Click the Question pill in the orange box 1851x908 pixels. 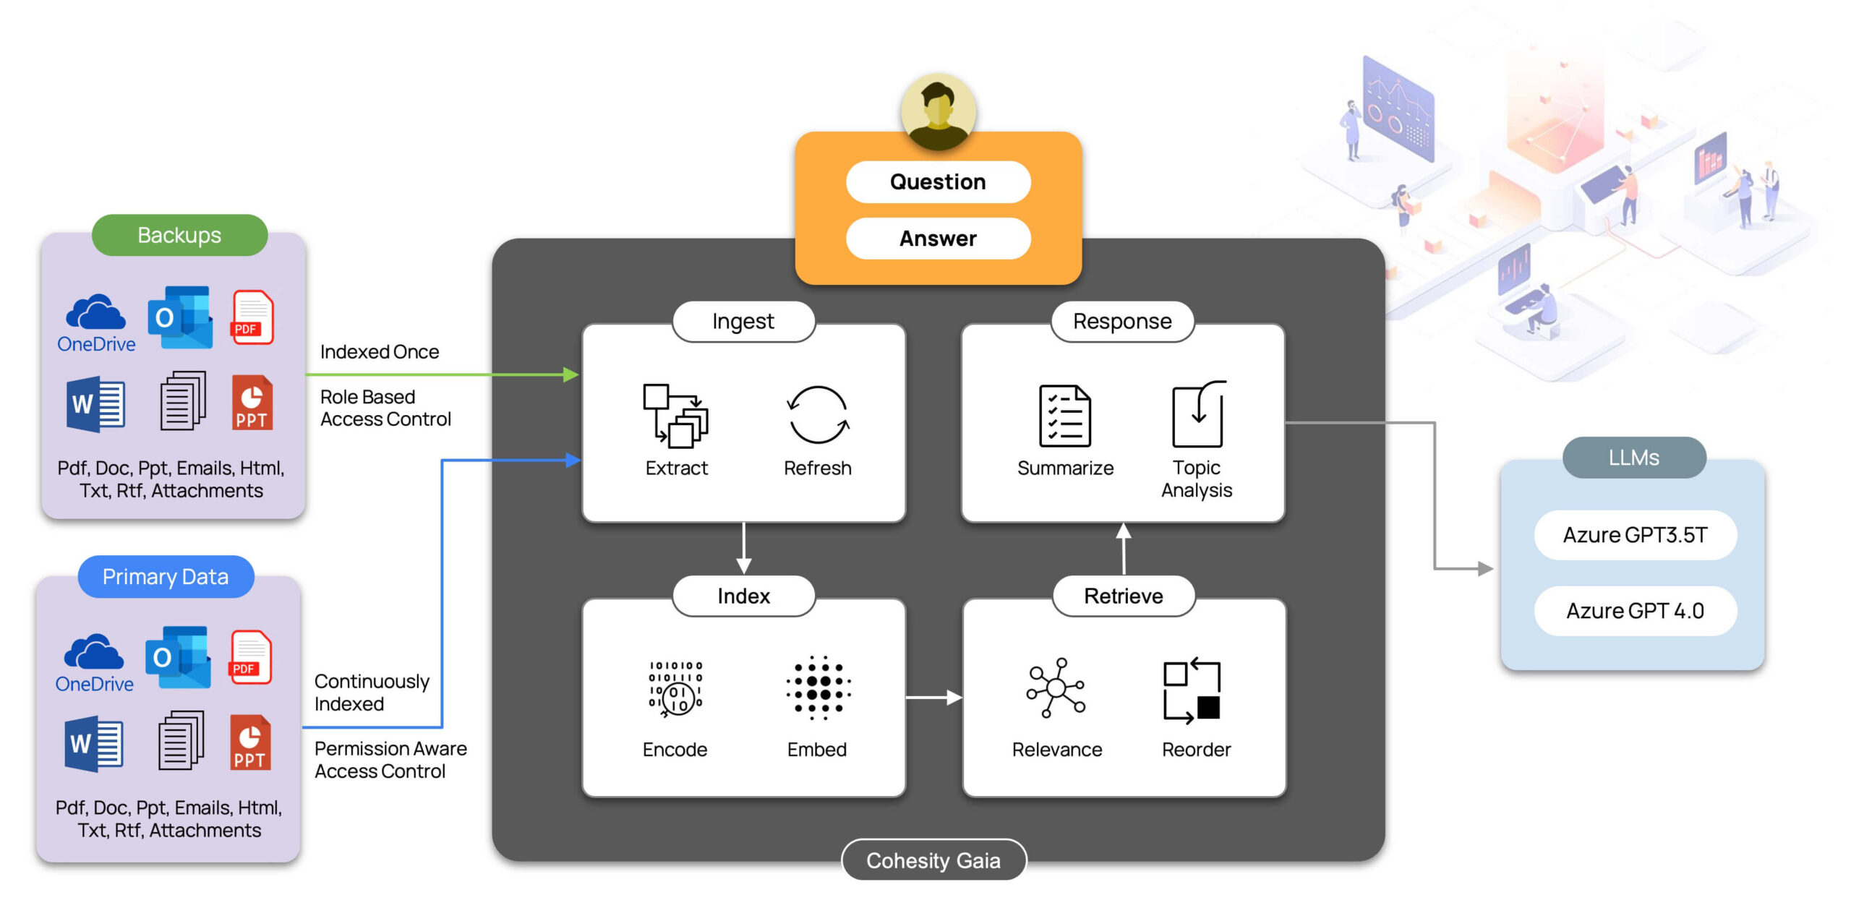(x=938, y=181)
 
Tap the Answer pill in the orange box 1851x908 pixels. (x=938, y=239)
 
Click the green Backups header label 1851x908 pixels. (x=179, y=235)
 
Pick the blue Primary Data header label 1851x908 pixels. (x=166, y=577)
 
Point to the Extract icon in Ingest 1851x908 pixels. (x=675, y=416)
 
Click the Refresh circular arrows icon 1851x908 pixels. (x=818, y=415)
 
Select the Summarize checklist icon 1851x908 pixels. (x=1065, y=416)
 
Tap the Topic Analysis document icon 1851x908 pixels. (x=1198, y=414)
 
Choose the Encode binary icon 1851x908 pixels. (x=675, y=688)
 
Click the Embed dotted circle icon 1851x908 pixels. (x=818, y=688)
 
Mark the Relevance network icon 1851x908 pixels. (x=1056, y=688)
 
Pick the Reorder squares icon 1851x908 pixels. (x=1192, y=690)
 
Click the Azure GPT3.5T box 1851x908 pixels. (x=1635, y=535)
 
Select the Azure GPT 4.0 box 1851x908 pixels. (x=1635, y=611)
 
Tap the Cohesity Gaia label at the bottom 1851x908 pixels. (x=933, y=860)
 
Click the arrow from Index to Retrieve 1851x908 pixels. (x=933, y=698)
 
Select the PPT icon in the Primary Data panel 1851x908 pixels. (x=250, y=742)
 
